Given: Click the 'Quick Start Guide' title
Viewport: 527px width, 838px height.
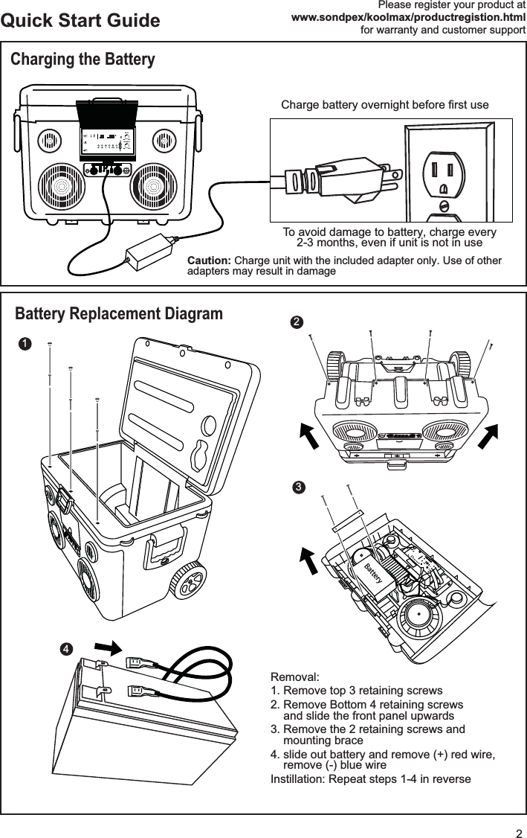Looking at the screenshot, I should [80, 20].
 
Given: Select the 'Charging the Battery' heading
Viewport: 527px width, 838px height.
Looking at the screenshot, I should [83, 60].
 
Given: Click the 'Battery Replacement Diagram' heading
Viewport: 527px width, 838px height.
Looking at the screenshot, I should [119, 314].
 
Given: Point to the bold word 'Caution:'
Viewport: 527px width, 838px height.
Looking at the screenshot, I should [209, 261].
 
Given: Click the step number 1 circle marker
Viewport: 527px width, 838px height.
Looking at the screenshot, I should [25, 343].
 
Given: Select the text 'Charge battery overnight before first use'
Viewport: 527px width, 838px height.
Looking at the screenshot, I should [384, 105].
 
